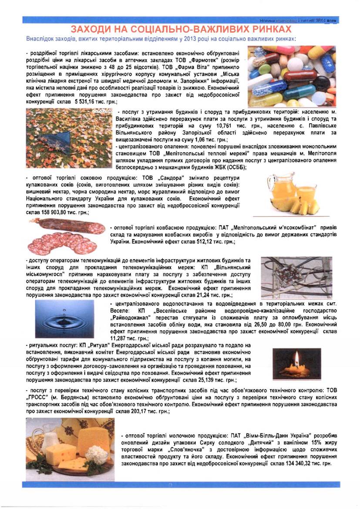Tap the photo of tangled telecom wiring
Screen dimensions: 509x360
tap(296, 277)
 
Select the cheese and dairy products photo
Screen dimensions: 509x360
tap(70, 446)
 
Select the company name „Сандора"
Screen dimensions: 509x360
tap(169, 179)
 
